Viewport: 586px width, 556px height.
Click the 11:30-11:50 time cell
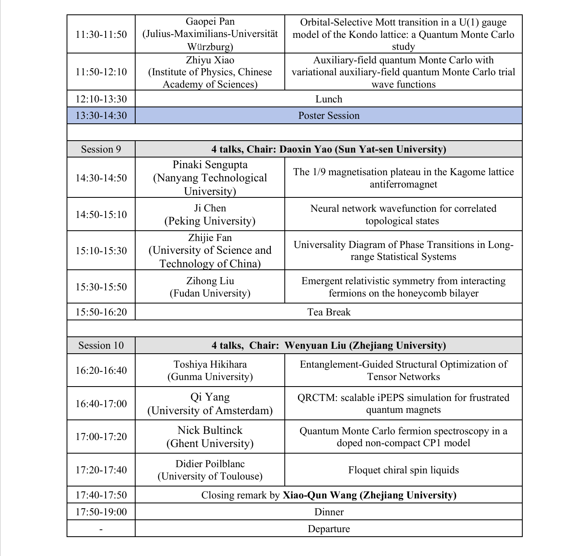(101, 34)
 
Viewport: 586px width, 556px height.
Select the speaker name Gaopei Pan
(210, 21)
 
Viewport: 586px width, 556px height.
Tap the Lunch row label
(329, 99)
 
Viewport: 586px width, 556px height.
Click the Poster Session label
(329, 116)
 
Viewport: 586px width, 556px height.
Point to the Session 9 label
(101, 149)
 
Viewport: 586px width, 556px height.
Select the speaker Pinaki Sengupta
(210, 165)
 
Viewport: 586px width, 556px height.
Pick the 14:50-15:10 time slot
(101, 214)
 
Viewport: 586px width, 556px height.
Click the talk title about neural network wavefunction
(403, 214)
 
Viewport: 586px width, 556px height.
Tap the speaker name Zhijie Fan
(210, 238)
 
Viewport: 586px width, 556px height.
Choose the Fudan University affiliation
(210, 293)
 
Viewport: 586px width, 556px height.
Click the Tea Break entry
(329, 312)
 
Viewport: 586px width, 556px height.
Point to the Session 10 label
(101, 345)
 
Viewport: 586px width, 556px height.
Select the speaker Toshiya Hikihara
(210, 364)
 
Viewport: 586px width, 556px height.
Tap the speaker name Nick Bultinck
(210, 430)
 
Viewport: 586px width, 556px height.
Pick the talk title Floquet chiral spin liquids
(403, 470)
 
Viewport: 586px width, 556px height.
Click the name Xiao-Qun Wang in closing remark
(319, 495)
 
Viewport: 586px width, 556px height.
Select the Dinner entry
(329, 512)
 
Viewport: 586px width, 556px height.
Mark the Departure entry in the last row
(329, 529)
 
